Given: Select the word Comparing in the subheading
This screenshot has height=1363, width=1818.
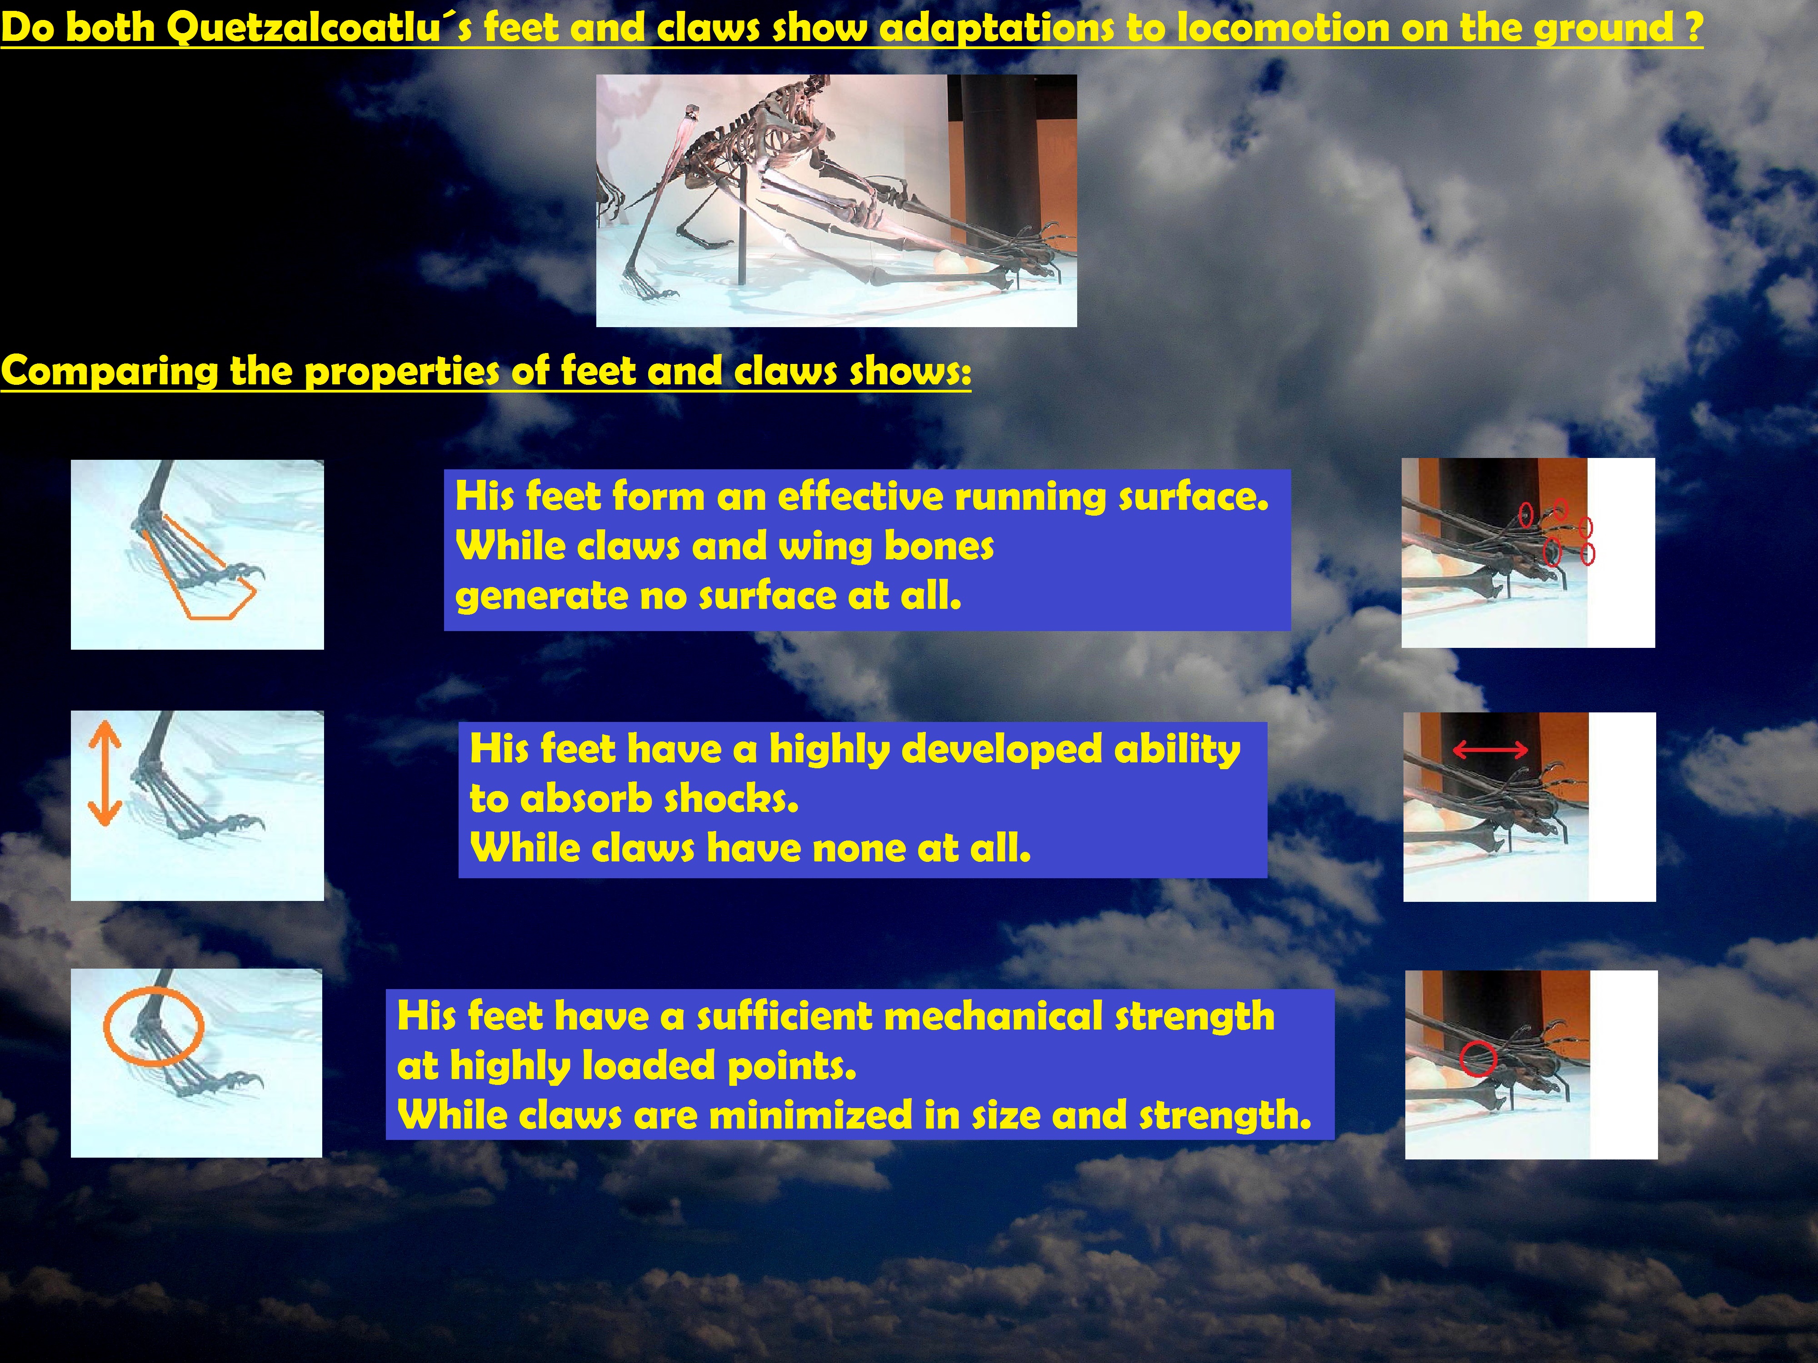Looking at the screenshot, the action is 110,371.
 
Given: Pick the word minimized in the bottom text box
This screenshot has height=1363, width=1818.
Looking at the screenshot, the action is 809,1116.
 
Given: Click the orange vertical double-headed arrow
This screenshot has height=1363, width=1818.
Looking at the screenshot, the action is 105,772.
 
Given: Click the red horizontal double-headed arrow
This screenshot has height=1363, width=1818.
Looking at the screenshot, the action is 1490,749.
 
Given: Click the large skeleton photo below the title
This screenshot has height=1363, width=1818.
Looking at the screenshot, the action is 836,200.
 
